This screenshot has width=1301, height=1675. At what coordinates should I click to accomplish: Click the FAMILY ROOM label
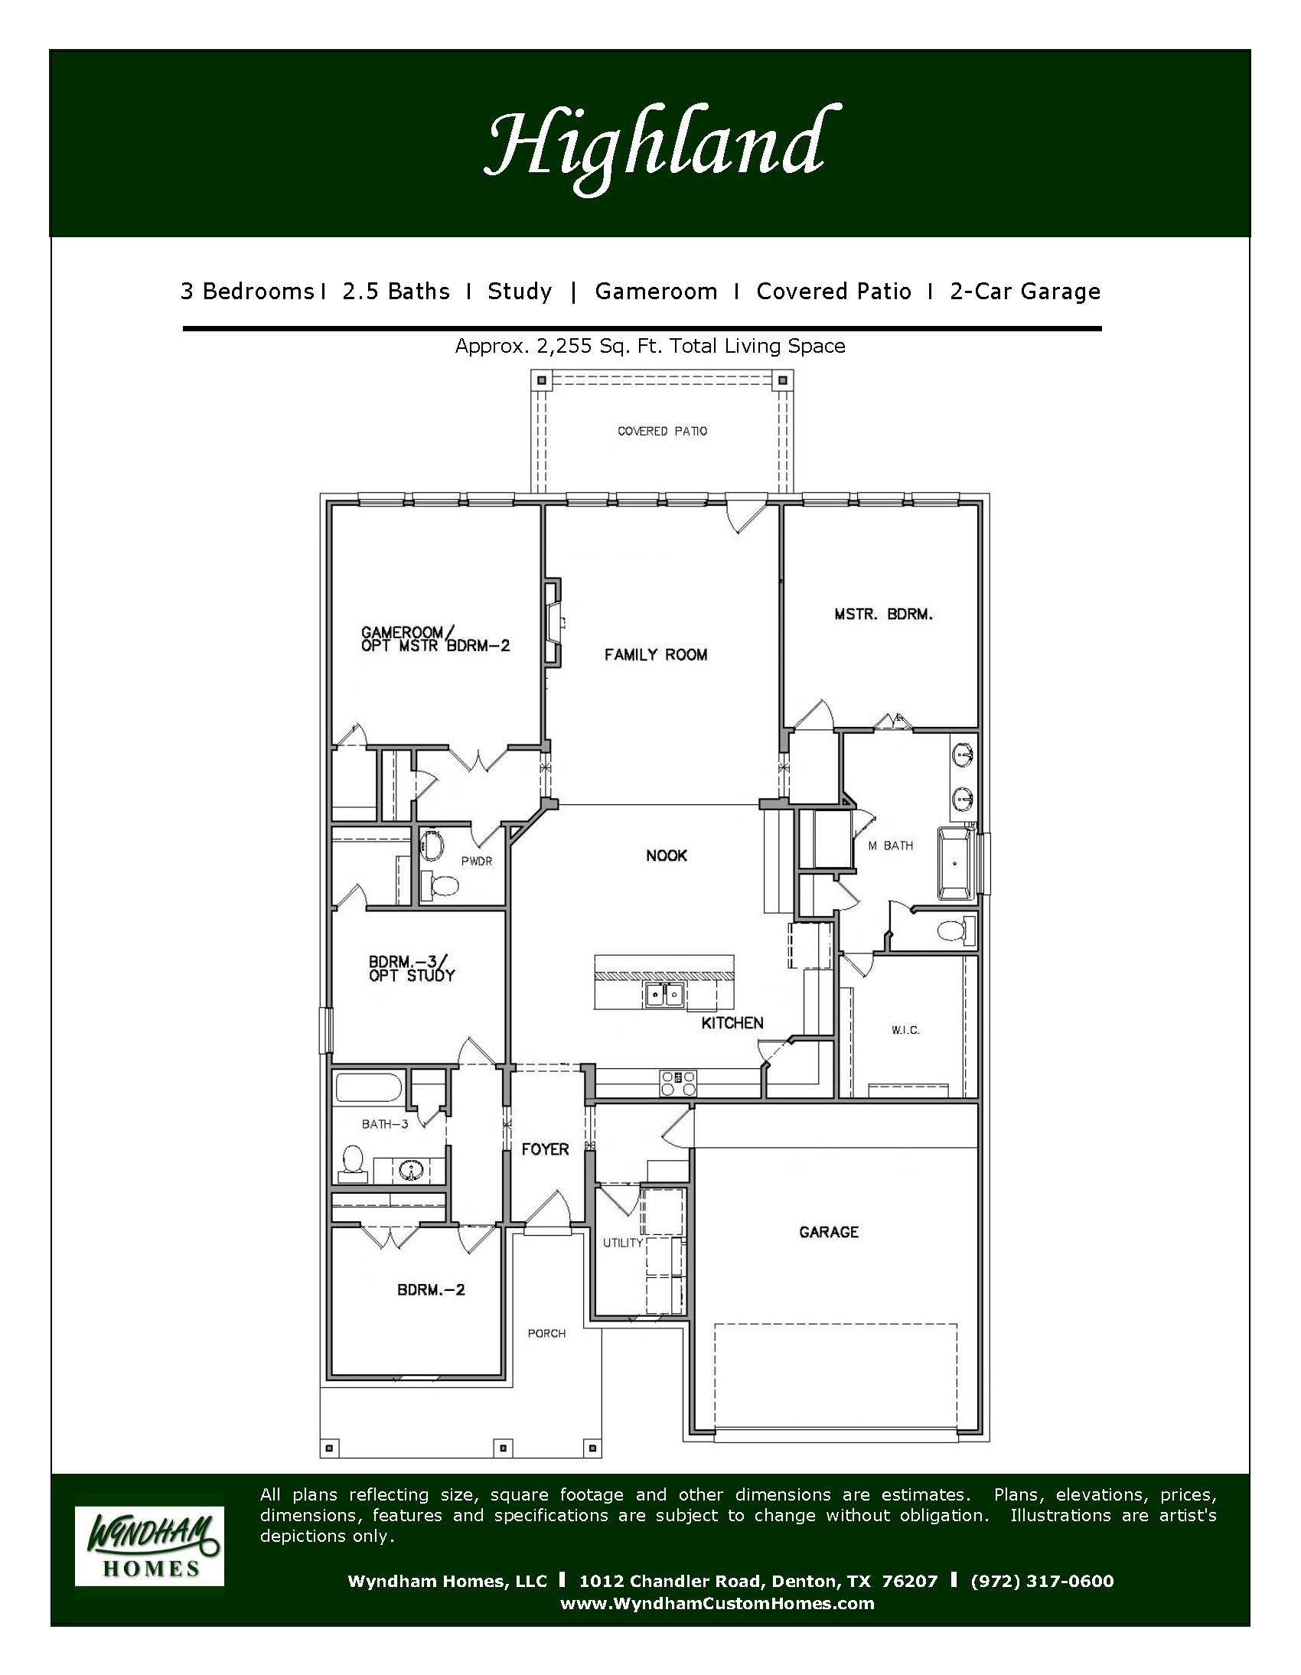pos(656,654)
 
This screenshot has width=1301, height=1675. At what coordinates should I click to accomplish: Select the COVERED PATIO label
pos(663,431)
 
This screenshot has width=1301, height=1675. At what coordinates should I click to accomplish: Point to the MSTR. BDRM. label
pos(884,614)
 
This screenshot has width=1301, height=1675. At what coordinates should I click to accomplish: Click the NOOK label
pos(667,855)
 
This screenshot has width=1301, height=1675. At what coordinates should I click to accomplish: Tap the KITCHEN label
pos(732,1022)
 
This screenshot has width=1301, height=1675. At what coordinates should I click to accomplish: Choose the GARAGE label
pos(829,1232)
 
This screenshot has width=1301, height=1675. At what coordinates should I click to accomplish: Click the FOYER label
pos(546,1149)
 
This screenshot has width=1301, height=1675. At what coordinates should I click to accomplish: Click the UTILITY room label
pos(622,1243)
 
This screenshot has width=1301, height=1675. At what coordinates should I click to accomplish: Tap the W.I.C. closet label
pos(906,1030)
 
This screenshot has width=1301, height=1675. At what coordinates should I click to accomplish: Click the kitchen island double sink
pos(664,995)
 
